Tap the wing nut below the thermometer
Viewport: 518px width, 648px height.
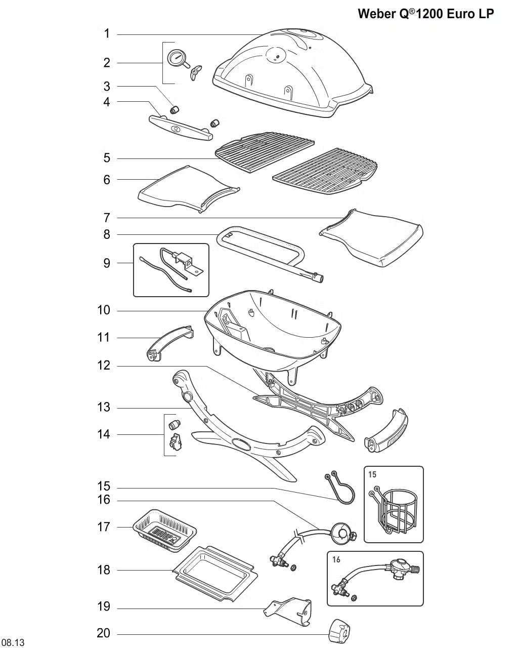(194, 72)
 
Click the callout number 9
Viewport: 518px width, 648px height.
(106, 263)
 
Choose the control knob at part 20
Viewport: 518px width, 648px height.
(340, 630)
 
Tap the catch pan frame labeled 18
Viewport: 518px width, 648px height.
(215, 574)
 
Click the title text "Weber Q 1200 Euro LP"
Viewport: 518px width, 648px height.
(425, 14)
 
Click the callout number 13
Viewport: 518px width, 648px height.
(103, 408)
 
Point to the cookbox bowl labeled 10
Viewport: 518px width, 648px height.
(268, 329)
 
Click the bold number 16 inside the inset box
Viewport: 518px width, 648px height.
(337, 559)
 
